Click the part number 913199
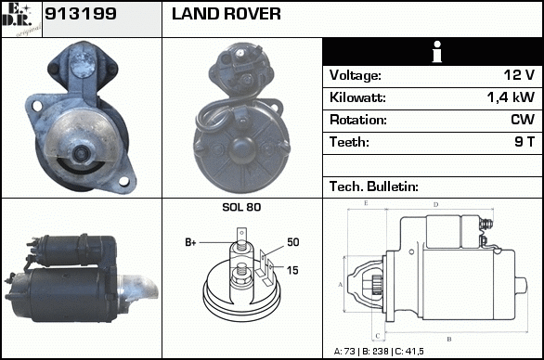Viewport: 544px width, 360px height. (81, 14)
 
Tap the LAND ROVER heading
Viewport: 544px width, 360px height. (227, 14)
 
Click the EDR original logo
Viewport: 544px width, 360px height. (21, 19)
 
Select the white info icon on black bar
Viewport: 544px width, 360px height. (437, 52)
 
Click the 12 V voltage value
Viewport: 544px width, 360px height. (519, 75)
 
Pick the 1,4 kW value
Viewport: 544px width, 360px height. (511, 97)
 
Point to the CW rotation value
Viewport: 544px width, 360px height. (523, 120)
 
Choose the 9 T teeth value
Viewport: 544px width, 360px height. (525, 142)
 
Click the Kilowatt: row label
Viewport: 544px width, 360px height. (357, 97)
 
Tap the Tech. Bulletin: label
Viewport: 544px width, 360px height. (374, 186)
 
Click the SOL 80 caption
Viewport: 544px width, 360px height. (241, 207)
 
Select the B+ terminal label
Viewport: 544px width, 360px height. (190, 242)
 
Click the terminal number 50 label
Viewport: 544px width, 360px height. (292, 242)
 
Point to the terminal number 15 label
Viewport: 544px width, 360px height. (292, 270)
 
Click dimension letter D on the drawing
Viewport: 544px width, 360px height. (436, 205)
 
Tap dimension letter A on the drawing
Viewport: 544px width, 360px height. (341, 285)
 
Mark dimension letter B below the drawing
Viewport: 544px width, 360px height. (449, 339)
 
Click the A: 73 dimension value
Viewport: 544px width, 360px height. (344, 352)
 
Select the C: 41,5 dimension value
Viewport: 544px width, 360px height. (409, 352)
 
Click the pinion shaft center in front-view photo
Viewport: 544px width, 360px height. (82, 153)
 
